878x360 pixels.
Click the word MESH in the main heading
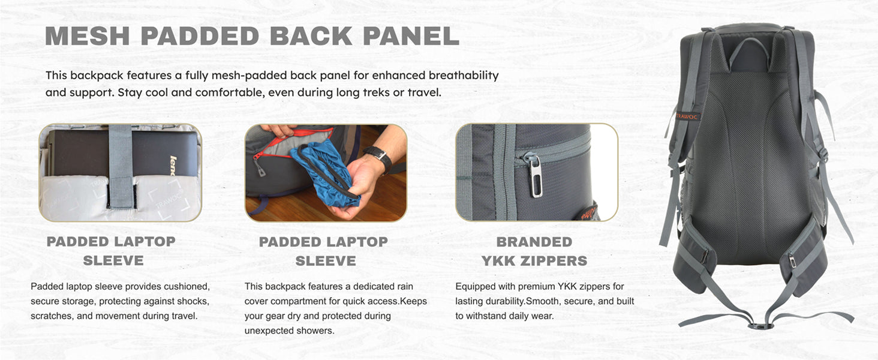tap(87, 36)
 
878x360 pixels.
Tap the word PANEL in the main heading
tap(411, 36)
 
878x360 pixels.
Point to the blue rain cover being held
tap(325, 173)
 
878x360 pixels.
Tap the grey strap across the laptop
tap(121, 166)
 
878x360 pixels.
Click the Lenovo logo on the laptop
tap(173, 165)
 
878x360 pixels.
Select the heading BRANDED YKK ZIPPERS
tap(534, 251)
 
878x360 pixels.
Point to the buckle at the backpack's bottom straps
tap(759, 325)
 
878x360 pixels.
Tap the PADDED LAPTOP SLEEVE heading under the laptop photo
tap(112, 251)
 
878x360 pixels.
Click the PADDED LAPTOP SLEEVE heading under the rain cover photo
tap(324, 251)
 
